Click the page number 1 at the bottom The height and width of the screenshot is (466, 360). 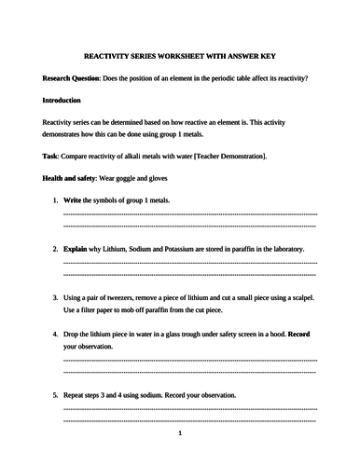pos(180,433)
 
